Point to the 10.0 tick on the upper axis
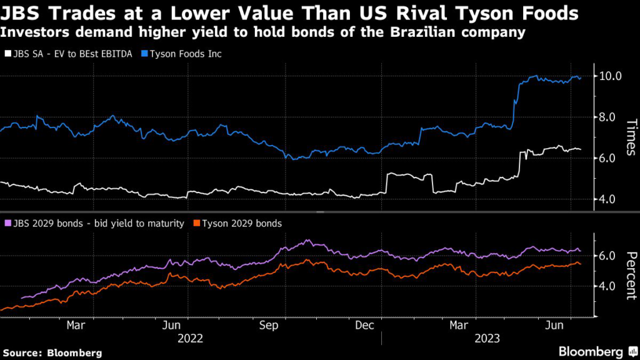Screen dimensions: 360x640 609,76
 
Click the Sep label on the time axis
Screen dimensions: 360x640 268,325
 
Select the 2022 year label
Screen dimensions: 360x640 190,339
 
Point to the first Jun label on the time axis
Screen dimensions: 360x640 172,325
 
